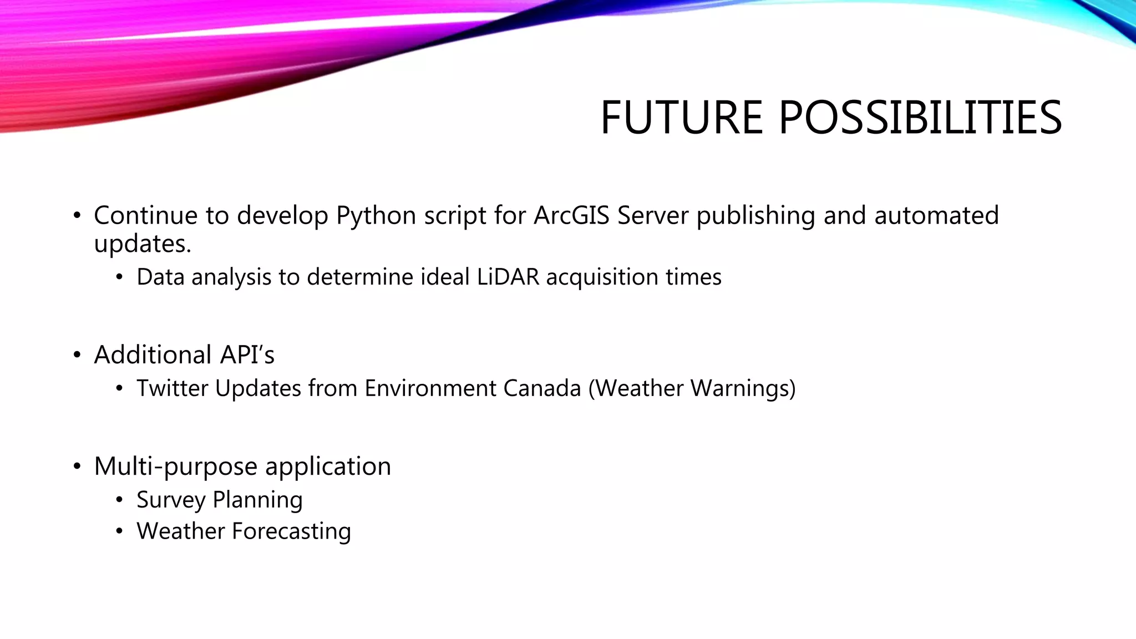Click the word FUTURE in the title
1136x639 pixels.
click(x=681, y=118)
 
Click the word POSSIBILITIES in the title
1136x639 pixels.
click(x=920, y=118)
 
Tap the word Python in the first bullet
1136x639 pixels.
click(x=376, y=216)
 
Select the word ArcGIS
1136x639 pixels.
click(x=572, y=215)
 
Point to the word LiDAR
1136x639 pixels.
click(x=508, y=277)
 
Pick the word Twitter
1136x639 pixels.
click(x=172, y=388)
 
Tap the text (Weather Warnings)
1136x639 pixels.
click(x=692, y=388)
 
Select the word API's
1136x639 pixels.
click(x=247, y=355)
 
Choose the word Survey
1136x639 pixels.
click(x=171, y=500)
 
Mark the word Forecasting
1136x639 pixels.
click(x=291, y=531)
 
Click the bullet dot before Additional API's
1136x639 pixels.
click(x=77, y=355)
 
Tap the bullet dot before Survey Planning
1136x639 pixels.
click(x=119, y=500)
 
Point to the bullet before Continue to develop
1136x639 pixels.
click(x=77, y=216)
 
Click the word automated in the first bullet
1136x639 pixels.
click(x=936, y=215)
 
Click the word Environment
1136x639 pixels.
click(x=430, y=388)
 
